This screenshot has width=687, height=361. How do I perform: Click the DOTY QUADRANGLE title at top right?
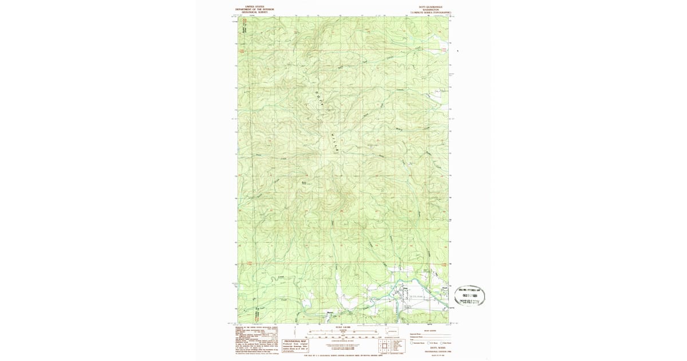(x=430, y=7)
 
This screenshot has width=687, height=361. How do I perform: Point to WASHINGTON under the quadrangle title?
(x=430, y=10)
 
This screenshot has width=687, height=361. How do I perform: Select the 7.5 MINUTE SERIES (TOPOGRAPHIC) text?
(x=430, y=12)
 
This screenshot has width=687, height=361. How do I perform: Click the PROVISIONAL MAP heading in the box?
(x=297, y=340)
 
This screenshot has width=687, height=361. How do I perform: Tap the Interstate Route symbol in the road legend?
(x=412, y=343)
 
